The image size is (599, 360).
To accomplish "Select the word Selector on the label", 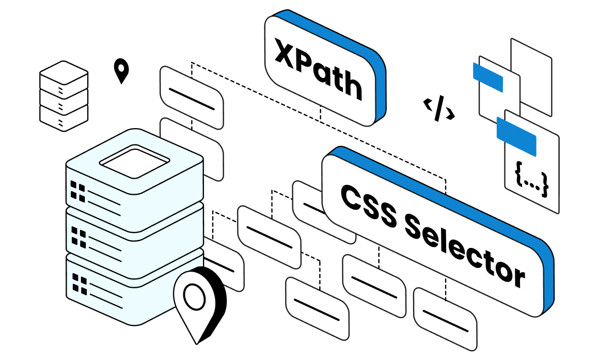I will coord(464,254).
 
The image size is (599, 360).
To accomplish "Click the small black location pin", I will coord(121,71).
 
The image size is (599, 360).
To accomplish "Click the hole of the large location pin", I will coord(195,295).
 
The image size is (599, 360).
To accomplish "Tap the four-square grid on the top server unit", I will coord(78,191).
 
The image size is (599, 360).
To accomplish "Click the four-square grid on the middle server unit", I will coord(78,237).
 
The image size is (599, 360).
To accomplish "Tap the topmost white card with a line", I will coord(191,98).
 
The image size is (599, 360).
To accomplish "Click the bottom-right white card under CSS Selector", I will coord(445,318).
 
